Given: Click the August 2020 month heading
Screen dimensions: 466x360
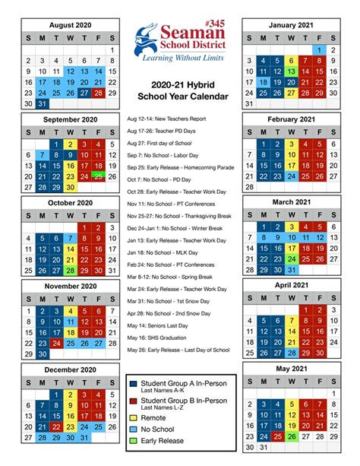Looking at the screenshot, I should coord(70,25).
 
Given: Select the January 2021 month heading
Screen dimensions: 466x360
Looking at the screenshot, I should coord(289,25).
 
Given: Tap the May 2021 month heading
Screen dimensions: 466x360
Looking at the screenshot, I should coord(289,369).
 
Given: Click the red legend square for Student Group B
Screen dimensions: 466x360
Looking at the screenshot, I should coord(134,401).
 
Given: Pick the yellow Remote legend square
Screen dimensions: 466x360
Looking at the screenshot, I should coord(134,418).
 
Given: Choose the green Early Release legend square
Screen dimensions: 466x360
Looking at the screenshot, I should coord(134,440).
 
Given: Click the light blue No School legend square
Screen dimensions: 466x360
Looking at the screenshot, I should coord(134,429).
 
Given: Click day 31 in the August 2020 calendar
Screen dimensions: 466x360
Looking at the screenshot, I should coord(42,104).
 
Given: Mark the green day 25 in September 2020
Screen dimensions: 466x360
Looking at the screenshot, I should coord(97,176).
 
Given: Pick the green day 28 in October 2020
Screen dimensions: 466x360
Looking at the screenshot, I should coord(70,270).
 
